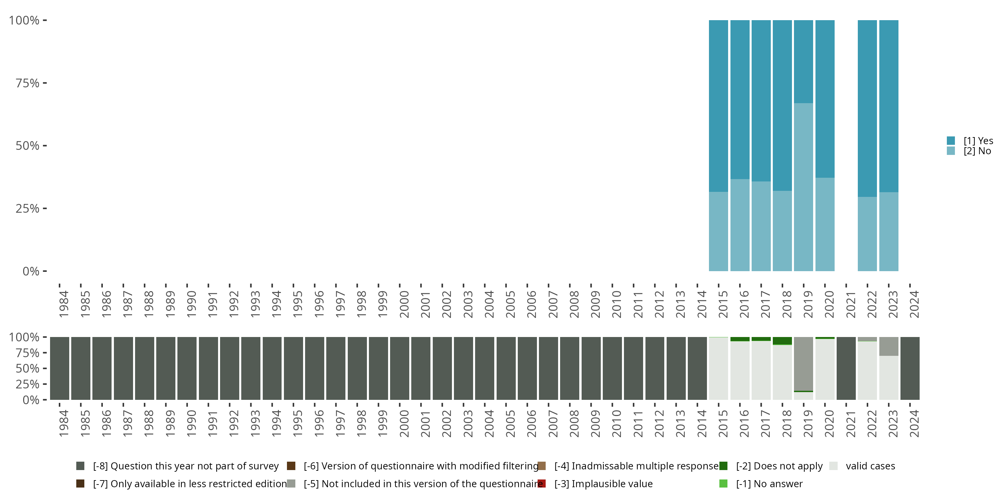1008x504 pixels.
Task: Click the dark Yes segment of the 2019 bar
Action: pos(803,61)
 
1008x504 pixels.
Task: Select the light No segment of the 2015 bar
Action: pos(718,231)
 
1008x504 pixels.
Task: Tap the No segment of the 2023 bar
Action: pos(889,231)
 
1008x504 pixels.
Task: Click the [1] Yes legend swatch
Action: pos(951,141)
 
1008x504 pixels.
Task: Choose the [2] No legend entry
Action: pos(977,151)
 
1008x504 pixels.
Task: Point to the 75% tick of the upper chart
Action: pos(45,83)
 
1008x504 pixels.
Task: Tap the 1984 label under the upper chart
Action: pos(64,304)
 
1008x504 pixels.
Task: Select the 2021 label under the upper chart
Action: pos(851,304)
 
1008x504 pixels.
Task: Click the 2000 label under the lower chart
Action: pos(404,423)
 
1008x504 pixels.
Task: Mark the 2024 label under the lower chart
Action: pos(914,423)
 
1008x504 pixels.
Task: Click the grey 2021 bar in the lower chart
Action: pos(846,368)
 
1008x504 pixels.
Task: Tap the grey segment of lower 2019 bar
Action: pos(803,364)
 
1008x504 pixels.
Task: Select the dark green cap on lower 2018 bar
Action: pos(782,341)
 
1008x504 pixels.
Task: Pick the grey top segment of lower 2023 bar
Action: pos(889,346)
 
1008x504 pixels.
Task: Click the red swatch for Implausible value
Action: pos(542,484)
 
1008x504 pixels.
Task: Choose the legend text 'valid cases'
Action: pos(870,466)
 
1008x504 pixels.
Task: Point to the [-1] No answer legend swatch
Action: pos(723,484)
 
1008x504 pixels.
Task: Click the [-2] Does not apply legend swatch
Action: pos(723,466)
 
